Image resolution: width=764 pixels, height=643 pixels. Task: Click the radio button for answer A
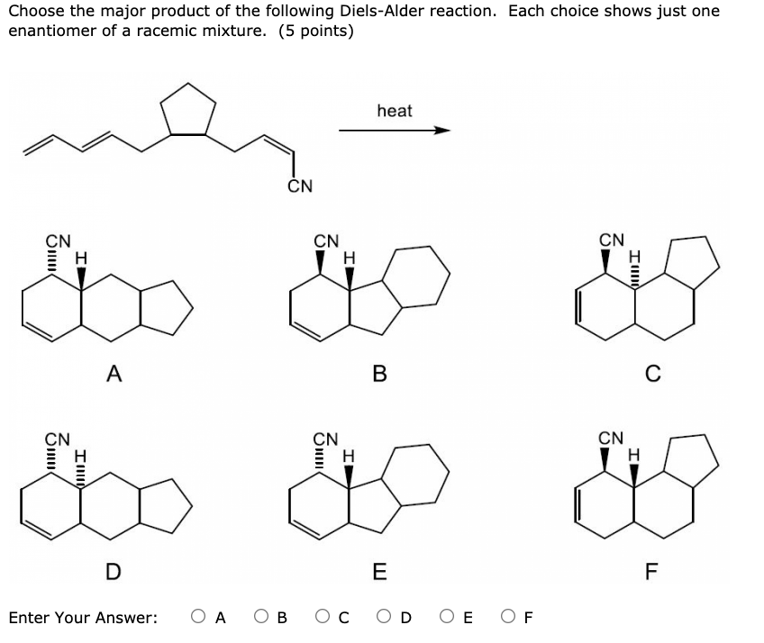(x=198, y=618)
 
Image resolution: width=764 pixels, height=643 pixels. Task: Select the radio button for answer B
(x=260, y=618)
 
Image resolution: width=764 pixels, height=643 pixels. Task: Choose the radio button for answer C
(x=322, y=618)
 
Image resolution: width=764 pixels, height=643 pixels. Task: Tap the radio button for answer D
(x=385, y=618)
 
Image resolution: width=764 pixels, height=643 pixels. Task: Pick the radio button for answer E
(x=448, y=618)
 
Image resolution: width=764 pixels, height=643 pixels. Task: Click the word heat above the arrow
(x=394, y=111)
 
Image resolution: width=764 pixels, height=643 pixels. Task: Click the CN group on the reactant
(x=300, y=186)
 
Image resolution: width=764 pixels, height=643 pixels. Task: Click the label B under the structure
(x=379, y=372)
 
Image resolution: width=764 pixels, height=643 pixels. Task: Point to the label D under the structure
(x=112, y=570)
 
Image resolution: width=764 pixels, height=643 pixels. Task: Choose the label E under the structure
(x=379, y=570)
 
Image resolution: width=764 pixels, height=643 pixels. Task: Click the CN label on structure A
(x=59, y=241)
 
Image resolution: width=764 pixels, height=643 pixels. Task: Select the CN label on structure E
(x=325, y=439)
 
